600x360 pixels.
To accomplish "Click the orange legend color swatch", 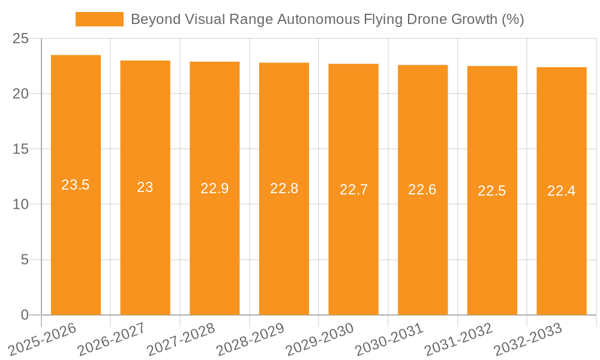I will (x=99, y=19).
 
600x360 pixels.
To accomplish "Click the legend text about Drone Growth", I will (x=327, y=19).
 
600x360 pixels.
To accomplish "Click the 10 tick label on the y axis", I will (x=20, y=205).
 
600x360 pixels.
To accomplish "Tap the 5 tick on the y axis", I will (x=25, y=260).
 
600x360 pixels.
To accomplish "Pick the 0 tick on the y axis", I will (x=25, y=315).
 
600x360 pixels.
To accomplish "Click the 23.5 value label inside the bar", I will (x=76, y=185).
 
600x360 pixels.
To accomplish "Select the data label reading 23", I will (x=145, y=187).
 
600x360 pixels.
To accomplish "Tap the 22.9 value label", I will (x=215, y=188).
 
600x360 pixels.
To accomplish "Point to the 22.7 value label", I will (x=353, y=190).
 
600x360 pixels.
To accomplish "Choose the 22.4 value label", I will (x=562, y=191).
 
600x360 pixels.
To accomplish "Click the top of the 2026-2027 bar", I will (x=145, y=61).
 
